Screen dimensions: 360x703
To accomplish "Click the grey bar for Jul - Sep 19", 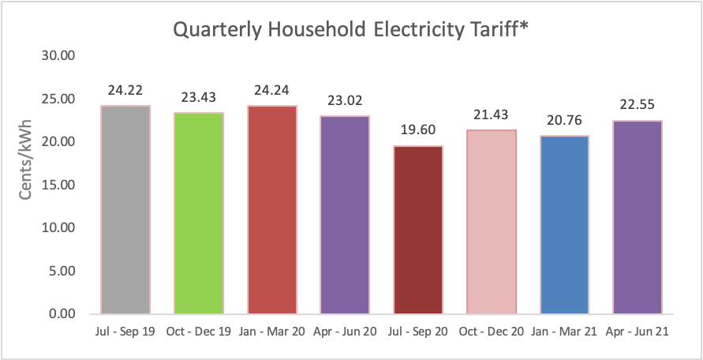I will click(x=125, y=210).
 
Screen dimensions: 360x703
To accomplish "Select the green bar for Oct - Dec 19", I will click(x=199, y=213).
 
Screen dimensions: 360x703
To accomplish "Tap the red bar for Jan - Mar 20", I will click(x=272, y=210).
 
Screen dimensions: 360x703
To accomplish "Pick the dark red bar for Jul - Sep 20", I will click(x=418, y=230).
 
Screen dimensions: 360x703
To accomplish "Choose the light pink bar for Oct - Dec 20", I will click(x=492, y=222).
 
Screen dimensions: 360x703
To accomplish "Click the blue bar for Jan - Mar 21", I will click(x=565, y=225).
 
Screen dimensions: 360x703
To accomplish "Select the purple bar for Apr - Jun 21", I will click(x=638, y=217).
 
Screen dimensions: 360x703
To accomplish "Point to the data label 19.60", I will click(x=418, y=129).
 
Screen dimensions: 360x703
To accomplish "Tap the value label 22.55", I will click(x=638, y=104).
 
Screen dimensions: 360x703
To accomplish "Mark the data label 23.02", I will click(x=345, y=100).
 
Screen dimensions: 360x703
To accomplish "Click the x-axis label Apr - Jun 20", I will click(x=345, y=332).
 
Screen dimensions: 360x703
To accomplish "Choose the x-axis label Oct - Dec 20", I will click(x=492, y=332).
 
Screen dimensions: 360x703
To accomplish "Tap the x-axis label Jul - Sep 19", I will click(x=125, y=332).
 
